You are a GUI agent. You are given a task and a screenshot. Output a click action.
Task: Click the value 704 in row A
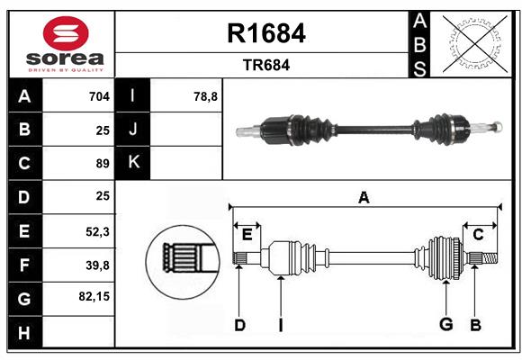pos(98,96)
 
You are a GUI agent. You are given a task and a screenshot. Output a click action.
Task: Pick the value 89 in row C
pos(102,164)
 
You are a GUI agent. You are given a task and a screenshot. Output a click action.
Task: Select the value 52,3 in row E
pos(97,230)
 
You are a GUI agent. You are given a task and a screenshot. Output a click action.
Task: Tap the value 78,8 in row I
pos(205,96)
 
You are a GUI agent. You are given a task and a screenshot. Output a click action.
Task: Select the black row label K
pos(133,163)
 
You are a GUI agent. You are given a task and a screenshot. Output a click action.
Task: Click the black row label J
pos(133,130)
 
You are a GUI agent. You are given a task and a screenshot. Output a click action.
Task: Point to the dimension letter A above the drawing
pos(364,197)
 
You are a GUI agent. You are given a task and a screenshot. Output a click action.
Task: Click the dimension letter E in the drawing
pos(247,234)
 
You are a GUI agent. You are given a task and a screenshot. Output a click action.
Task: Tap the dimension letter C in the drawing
pos(478,234)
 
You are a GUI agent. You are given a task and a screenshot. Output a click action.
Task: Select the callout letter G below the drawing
pos(445,325)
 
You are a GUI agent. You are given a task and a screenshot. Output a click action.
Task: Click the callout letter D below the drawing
pos(239,325)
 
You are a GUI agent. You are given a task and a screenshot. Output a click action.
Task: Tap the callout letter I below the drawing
pos(281,325)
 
